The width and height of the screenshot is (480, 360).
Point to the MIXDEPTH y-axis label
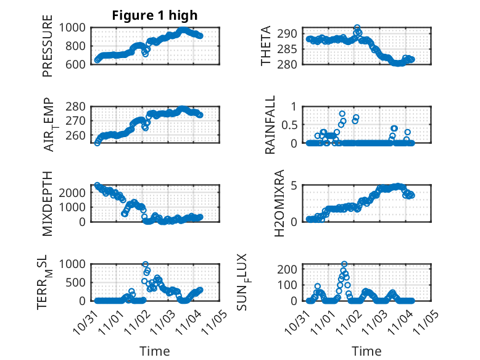[48, 204]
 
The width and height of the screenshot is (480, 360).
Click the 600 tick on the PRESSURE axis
[78, 64]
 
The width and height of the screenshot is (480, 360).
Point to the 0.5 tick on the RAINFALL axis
[294, 125]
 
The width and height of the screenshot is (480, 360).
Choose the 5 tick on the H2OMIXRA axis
[299, 185]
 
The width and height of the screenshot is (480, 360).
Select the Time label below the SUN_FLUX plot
[366, 351]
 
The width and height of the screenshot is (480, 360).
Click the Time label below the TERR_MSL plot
[155, 351]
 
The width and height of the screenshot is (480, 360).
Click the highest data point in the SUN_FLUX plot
[344, 264]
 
